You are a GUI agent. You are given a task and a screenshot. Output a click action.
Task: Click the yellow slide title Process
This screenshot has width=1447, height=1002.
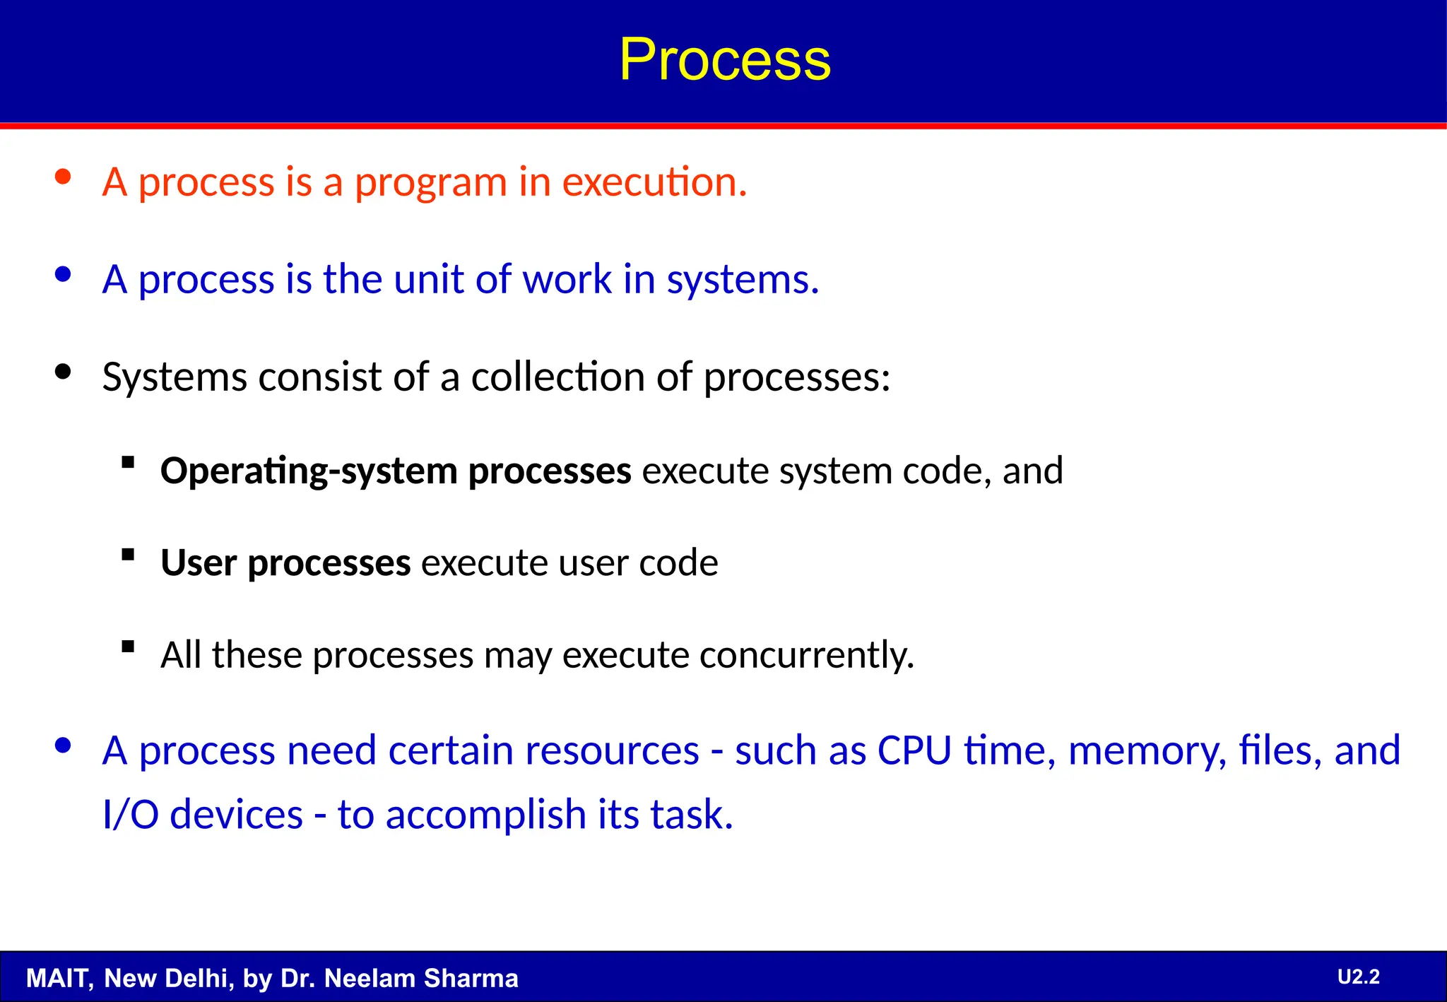[725, 59]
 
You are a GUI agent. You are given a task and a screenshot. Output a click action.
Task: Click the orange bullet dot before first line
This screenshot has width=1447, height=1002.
[64, 177]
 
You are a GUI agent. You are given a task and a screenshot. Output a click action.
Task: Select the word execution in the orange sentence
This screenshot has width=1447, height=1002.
[654, 182]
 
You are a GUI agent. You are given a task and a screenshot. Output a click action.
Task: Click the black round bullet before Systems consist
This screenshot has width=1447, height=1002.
[64, 372]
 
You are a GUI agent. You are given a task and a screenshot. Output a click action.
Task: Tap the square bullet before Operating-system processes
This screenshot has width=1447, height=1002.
[128, 463]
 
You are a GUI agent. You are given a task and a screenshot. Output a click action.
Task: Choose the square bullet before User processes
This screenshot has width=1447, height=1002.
[128, 555]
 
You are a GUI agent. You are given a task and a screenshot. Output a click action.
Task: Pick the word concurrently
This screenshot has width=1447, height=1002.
[806, 656]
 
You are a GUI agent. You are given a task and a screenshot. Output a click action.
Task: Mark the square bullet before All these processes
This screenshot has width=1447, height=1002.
[128, 647]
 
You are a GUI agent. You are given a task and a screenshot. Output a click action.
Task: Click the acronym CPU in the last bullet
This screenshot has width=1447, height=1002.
[914, 750]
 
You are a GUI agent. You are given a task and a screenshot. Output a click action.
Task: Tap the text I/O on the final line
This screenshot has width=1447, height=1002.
[130, 815]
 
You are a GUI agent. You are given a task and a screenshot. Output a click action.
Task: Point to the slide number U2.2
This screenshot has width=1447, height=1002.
[1358, 977]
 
